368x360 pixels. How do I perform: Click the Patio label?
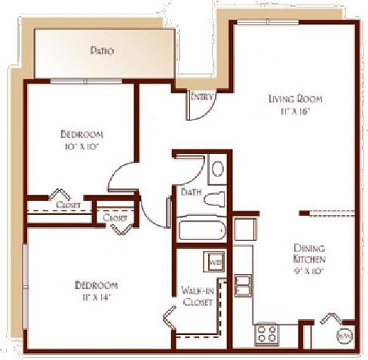(x=102, y=51)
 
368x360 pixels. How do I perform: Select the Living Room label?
(x=296, y=98)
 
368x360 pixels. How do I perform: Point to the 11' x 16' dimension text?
(x=296, y=111)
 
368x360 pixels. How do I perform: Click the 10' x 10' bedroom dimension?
(x=80, y=146)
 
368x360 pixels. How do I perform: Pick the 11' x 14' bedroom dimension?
(x=96, y=297)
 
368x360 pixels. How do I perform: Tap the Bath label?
(x=190, y=192)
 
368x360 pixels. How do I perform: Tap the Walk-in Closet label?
(x=197, y=295)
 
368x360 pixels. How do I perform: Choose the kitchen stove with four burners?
(x=267, y=331)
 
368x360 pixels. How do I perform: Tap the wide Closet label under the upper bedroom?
(x=68, y=204)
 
